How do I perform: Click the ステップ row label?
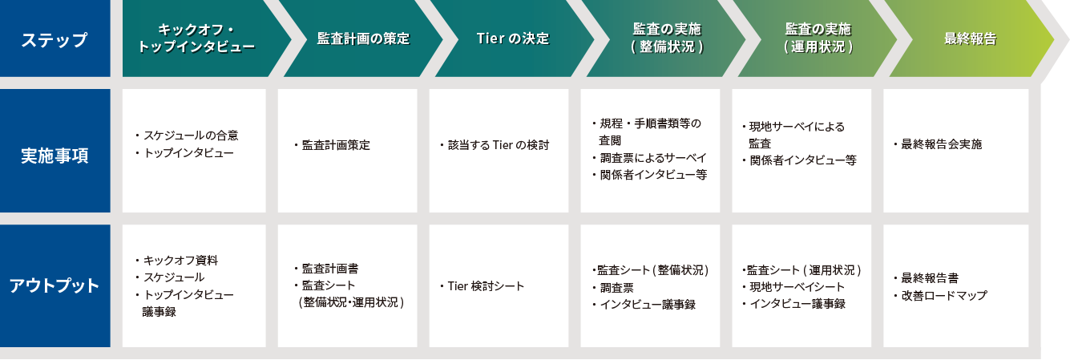(x=55, y=39)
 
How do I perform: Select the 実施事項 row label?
(x=55, y=156)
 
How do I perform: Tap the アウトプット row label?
(x=55, y=285)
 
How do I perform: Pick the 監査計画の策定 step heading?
(x=364, y=38)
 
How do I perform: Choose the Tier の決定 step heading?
(x=513, y=38)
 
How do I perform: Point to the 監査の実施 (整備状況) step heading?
(x=668, y=38)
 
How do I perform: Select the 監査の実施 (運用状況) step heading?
(x=818, y=38)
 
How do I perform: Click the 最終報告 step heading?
(x=970, y=38)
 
